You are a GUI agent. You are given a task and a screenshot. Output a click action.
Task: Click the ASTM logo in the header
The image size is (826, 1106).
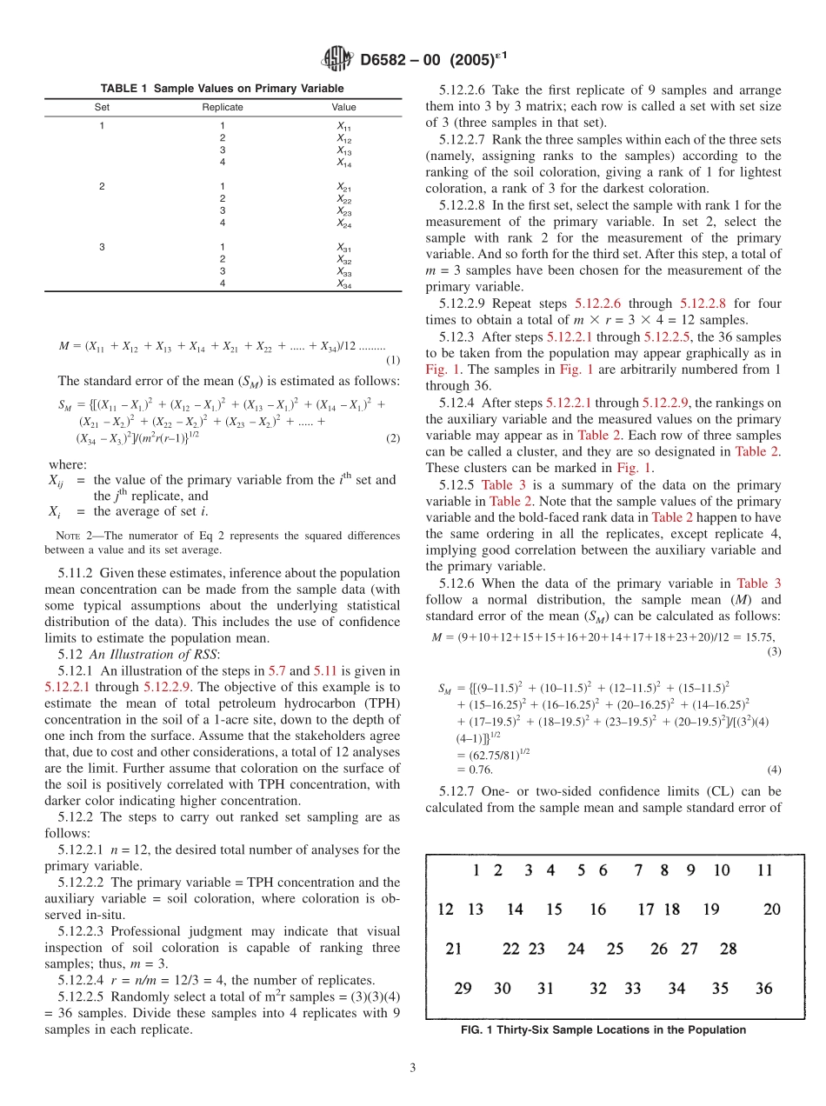coord(337,58)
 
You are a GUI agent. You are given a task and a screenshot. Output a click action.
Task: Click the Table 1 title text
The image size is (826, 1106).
coord(222,89)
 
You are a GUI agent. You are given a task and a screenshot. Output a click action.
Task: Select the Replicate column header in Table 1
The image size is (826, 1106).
coord(222,107)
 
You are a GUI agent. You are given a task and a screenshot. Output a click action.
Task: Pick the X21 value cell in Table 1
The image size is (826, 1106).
coord(344,187)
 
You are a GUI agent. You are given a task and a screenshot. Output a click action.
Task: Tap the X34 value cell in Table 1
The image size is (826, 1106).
coord(344,284)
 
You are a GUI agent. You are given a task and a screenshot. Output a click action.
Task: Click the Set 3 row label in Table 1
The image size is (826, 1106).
coord(102,248)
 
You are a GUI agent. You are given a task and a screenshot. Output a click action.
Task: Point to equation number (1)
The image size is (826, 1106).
coord(392,360)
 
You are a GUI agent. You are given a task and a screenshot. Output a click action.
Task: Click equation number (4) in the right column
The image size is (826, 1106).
coord(774,770)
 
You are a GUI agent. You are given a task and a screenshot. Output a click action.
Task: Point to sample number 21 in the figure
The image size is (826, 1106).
coord(453,949)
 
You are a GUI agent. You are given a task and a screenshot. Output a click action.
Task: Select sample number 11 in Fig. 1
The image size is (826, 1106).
coord(764,870)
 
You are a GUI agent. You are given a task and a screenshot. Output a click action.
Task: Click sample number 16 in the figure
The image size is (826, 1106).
coord(597,910)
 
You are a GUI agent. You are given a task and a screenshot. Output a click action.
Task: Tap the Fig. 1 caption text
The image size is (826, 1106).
coord(603,1030)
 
